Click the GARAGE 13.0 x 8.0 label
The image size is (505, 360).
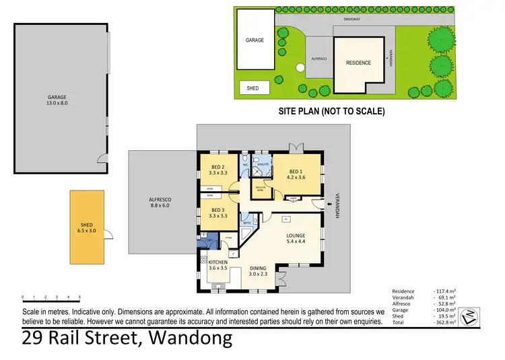click(x=57, y=100)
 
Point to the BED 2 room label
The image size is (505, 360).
click(x=217, y=170)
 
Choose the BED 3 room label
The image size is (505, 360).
click(x=218, y=213)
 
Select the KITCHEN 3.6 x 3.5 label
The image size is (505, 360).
click(x=219, y=264)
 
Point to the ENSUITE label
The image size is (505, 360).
click(x=264, y=164)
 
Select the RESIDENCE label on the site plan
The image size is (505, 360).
click(x=358, y=63)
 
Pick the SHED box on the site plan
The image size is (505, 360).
click(x=253, y=87)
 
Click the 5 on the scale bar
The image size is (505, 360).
click(x=80, y=297)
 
